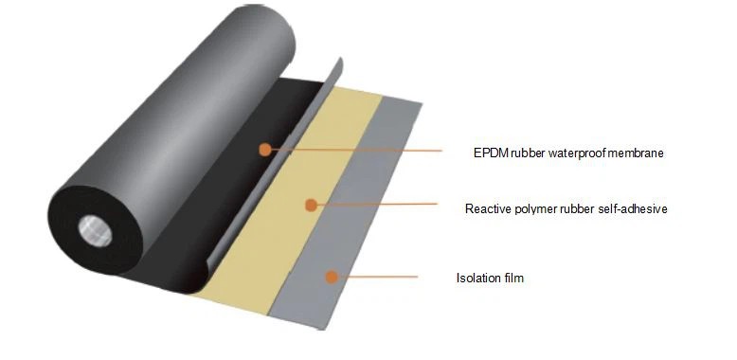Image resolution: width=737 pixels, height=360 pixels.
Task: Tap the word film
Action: pos(513,278)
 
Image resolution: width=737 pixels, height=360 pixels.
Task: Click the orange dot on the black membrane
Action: pos(265,150)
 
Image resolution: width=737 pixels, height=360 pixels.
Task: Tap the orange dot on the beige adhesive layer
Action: pos(311,205)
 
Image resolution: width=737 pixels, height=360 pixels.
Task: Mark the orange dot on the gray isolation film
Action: pos(332,277)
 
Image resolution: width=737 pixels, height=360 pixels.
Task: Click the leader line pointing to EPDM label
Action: pos(356,151)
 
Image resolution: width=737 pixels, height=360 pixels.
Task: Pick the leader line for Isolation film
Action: pos(377,277)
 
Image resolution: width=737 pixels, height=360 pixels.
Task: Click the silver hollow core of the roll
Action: pos(95,231)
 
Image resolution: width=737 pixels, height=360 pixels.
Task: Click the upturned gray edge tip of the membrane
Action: pos(340,60)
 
